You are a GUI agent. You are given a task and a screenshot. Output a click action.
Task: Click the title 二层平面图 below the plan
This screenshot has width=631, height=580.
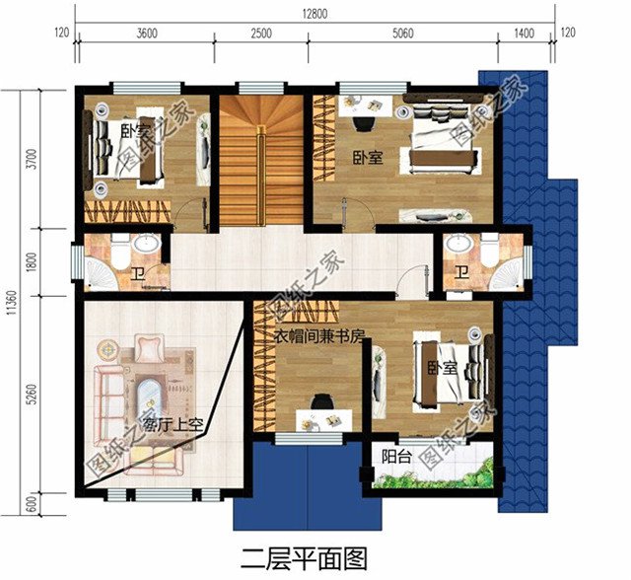(x=296, y=559)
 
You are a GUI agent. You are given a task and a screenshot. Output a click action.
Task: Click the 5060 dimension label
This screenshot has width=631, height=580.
(x=402, y=34)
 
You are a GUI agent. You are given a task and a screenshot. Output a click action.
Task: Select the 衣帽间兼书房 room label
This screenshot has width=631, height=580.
(x=318, y=336)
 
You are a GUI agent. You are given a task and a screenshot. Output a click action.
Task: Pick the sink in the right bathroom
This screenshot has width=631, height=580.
(x=459, y=245)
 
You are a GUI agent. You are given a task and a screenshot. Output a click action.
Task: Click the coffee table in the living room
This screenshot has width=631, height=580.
(x=150, y=394)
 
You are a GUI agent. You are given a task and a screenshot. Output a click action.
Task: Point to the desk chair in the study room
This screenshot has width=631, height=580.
(x=319, y=403)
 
